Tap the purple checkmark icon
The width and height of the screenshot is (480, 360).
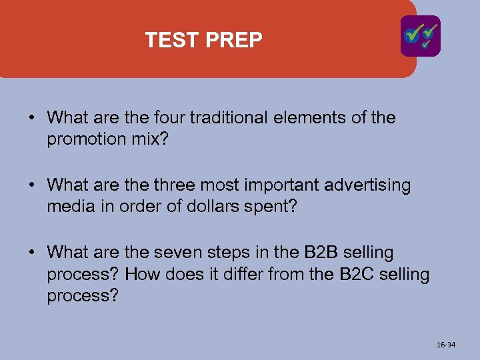point(420,36)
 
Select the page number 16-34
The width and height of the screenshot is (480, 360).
point(446,345)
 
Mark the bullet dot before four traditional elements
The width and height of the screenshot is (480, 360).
point(32,119)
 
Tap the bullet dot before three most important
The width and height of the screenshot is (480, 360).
point(32,185)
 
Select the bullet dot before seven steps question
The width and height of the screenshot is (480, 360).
point(32,253)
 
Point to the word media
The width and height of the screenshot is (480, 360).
point(67,206)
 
